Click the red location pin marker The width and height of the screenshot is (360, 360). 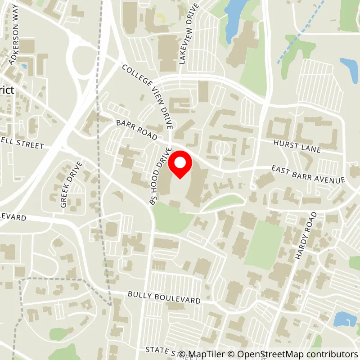(180, 165)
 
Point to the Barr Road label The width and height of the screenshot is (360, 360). (137, 130)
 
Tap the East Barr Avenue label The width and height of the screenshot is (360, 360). (308, 174)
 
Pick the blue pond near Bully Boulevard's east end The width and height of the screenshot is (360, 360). (345, 319)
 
